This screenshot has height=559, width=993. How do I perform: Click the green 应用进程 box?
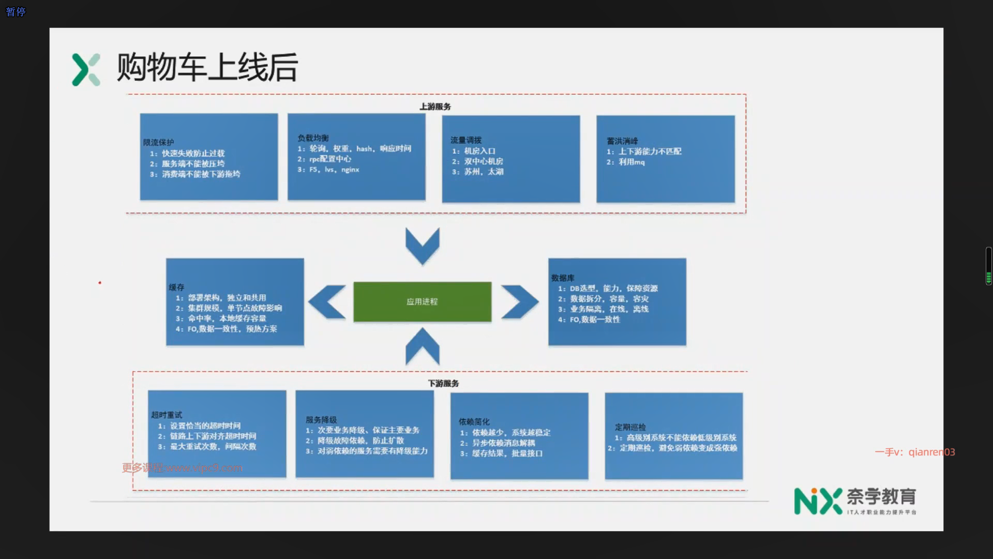point(422,302)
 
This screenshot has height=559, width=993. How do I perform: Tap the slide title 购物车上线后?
point(207,68)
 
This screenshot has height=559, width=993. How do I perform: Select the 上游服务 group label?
point(435,107)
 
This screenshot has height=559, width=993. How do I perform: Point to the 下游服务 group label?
point(443,384)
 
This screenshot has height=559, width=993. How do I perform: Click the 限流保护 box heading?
point(159,142)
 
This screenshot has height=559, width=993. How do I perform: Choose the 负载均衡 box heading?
point(313,138)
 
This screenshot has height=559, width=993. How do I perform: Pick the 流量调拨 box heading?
point(466,140)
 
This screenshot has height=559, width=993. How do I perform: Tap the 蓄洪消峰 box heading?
point(622,141)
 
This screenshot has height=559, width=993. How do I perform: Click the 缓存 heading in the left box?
point(176,287)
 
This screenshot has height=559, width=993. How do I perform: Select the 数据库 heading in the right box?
point(563,278)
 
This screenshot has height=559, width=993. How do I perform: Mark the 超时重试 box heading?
point(167,415)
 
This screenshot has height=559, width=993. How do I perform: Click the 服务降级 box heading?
point(321,420)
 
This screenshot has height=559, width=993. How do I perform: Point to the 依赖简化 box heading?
point(474,422)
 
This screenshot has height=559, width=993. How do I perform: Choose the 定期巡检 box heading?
point(630,427)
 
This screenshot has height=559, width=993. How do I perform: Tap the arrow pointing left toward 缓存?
point(327,302)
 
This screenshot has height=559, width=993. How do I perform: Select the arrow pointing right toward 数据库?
point(519,302)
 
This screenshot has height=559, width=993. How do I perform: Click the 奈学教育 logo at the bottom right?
point(855,501)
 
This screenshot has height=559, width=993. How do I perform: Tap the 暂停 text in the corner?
point(16,12)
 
